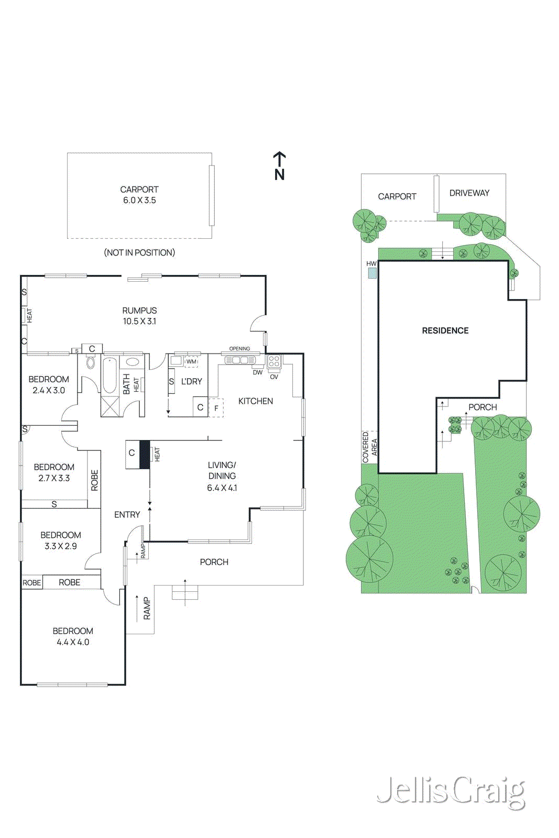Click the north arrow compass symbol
[279, 166]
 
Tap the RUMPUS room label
[139, 311]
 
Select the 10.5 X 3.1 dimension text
[139, 322]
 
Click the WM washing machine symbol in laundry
[191, 361]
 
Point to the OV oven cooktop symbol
[274, 362]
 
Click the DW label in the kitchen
[257, 372]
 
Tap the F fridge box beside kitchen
[216, 408]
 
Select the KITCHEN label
[255, 401]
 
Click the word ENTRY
[127, 515]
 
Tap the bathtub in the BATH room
[109, 376]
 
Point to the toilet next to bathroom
[90, 362]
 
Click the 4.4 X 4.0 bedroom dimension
[73, 642]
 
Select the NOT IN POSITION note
[139, 252]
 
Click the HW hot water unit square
[372, 273]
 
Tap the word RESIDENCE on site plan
[445, 330]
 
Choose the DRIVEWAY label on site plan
[469, 193]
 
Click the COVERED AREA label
[369, 447]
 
